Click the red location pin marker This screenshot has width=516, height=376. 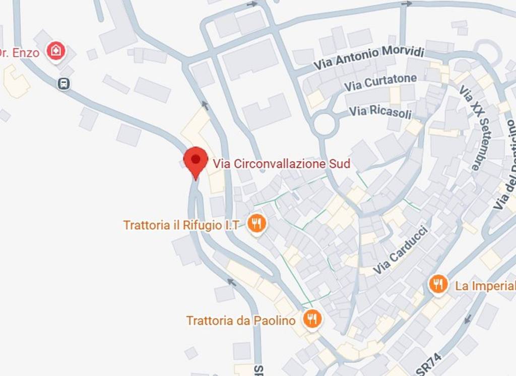196,160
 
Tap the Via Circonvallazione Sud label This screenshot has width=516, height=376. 281,164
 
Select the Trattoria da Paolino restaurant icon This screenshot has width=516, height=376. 312,319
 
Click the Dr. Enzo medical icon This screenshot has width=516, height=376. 55,51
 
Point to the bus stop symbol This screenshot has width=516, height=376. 63,84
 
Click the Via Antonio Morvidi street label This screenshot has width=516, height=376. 369,57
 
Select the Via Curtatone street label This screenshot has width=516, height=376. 380,82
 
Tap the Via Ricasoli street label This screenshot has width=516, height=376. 380,112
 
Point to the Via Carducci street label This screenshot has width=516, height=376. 401,251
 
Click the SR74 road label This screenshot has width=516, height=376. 429,364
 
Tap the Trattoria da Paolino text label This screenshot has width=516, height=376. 241,320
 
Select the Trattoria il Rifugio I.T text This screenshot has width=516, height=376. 181,225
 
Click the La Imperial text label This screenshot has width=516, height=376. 485,286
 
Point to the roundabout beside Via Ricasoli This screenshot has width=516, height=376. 325,124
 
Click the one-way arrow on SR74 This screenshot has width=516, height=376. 467,319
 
